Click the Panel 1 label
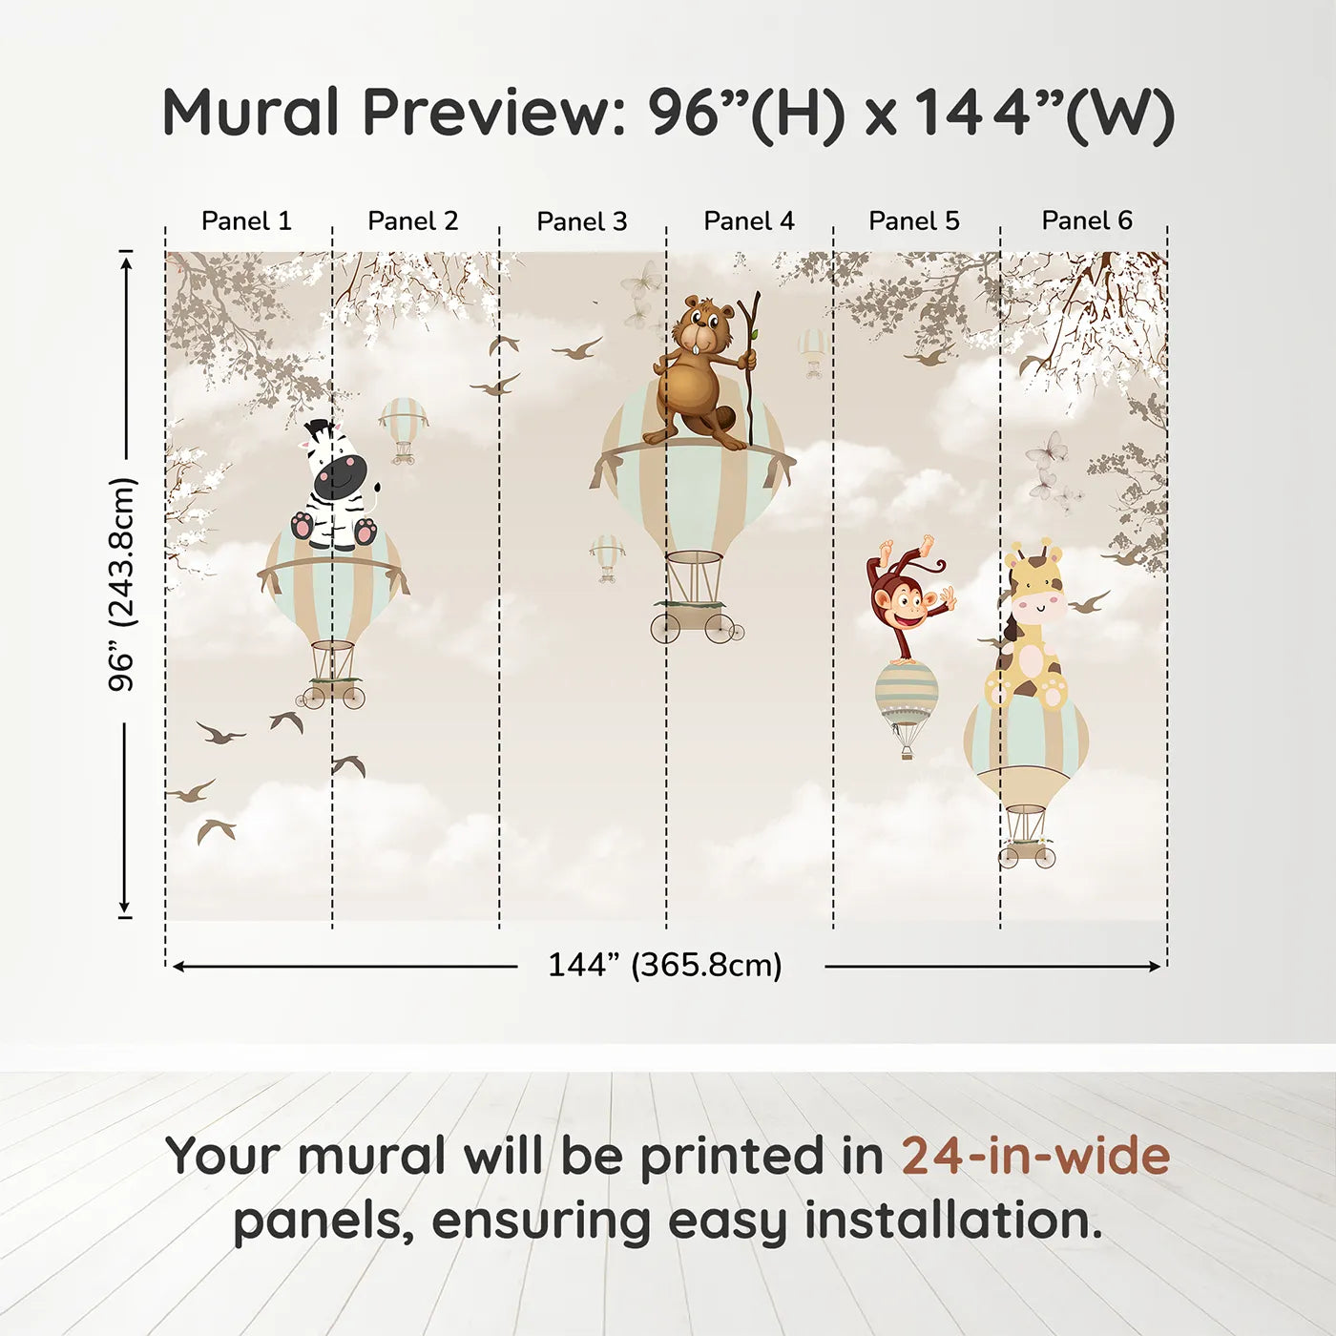tap(246, 221)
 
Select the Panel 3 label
tap(581, 221)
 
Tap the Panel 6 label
tap(1086, 221)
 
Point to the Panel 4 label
tap(748, 221)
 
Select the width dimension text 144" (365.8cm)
tap(664, 966)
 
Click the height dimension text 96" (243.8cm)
tap(123, 584)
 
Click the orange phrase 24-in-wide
tap(1035, 1157)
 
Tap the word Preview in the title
tap(494, 113)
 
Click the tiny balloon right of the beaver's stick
tap(812, 351)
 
